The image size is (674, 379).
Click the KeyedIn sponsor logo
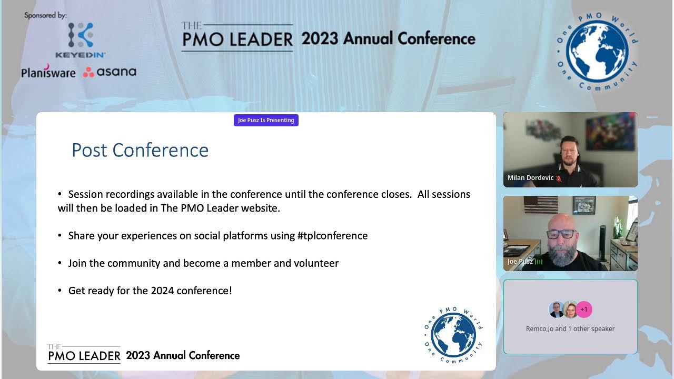81,39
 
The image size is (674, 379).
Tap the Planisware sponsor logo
48,72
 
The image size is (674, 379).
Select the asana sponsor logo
110,72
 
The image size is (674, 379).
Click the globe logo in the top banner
597,52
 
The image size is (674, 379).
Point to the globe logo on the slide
453,335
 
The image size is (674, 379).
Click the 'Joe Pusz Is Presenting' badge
266,120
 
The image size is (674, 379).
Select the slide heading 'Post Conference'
140,150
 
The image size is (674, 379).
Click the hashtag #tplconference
332,235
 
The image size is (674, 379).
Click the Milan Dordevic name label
530,178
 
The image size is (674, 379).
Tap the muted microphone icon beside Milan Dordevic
559,178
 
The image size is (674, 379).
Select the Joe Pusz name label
520,262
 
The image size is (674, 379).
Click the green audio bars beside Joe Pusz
539,262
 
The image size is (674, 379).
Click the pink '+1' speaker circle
584,310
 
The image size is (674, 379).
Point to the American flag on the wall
541,204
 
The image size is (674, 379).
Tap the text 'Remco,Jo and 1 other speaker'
570,328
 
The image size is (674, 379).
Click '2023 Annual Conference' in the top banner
388,39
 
